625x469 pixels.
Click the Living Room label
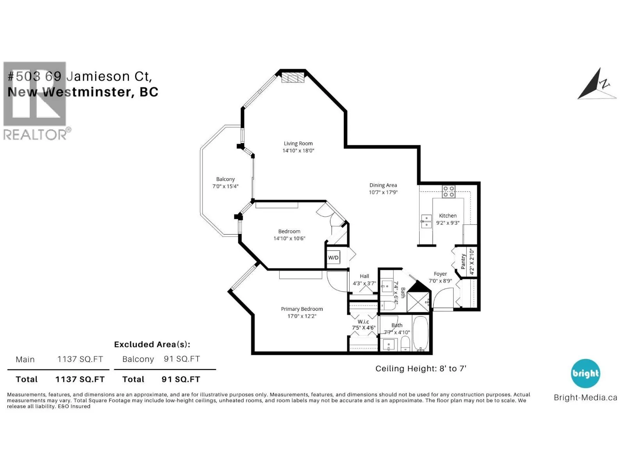point(298,143)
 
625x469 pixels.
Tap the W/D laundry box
point(333,258)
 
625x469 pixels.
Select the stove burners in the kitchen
point(448,191)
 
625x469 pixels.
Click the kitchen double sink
point(426,221)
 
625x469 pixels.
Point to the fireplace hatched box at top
point(293,77)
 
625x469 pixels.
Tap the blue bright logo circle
point(585,374)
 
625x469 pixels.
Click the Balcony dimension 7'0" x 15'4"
point(225,186)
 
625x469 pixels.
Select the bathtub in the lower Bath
point(420,333)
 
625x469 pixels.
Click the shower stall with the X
point(418,301)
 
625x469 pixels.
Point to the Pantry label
point(463,261)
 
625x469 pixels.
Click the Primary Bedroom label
point(302,309)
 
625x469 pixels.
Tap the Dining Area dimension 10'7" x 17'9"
point(383,192)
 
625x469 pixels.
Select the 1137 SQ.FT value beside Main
point(80,359)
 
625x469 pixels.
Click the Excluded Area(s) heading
point(152,344)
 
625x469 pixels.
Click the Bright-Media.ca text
point(585,397)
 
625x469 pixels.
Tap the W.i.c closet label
point(363,322)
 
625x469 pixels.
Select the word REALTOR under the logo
point(35,135)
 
